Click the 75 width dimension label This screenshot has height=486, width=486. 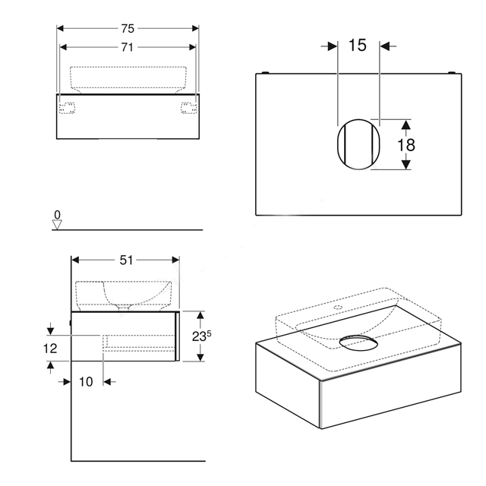click(x=128, y=29)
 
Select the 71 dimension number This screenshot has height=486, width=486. click(x=127, y=47)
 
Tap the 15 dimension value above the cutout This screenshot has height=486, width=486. click(x=358, y=46)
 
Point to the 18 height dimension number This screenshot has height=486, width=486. click(x=406, y=145)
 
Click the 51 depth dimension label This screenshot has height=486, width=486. click(x=126, y=260)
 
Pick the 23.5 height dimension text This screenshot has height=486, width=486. click(x=201, y=336)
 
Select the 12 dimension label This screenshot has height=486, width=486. click(x=50, y=349)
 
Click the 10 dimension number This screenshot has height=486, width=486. click(x=86, y=382)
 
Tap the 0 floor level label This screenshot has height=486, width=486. click(x=58, y=214)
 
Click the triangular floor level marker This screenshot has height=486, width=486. click(x=58, y=225)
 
